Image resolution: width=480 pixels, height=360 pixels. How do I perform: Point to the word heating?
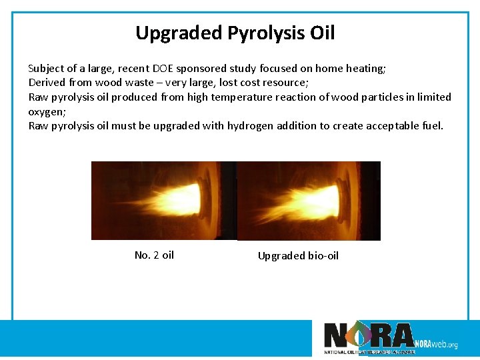[365, 68]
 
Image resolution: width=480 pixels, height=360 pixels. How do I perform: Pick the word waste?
[123, 82]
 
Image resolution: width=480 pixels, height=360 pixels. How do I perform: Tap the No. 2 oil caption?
[154, 255]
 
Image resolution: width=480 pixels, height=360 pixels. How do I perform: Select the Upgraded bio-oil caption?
[298, 255]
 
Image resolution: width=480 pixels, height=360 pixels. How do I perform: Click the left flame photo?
[163, 200]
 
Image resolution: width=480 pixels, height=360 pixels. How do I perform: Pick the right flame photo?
[309, 200]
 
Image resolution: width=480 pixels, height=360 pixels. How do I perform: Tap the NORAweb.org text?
[436, 344]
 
